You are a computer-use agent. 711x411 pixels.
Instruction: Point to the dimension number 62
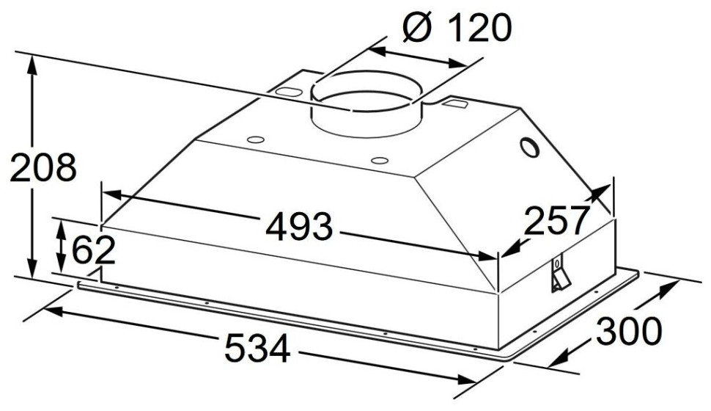[93, 250]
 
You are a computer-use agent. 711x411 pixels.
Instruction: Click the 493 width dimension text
[299, 228]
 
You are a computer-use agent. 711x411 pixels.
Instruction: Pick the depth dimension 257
[557, 221]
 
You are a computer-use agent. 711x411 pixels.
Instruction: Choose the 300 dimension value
[628, 332]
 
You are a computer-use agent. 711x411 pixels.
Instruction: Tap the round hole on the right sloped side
[528, 149]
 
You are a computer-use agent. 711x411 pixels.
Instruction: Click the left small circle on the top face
[255, 139]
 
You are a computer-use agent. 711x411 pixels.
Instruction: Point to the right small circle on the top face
[379, 160]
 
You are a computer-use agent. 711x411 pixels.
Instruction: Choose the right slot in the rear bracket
[456, 105]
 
